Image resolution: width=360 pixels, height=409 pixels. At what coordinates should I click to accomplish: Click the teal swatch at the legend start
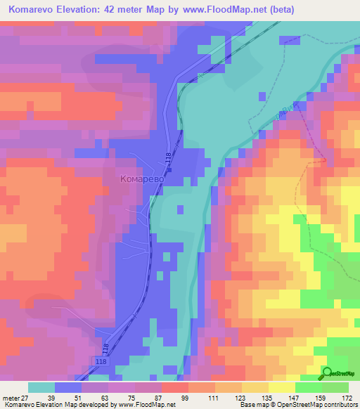click(x=41, y=387)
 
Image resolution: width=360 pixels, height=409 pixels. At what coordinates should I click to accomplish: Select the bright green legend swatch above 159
click(x=309, y=387)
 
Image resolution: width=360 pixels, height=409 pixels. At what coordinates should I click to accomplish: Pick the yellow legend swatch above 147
click(x=282, y=387)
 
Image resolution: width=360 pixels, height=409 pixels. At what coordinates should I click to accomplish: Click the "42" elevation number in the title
click(x=122, y=10)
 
